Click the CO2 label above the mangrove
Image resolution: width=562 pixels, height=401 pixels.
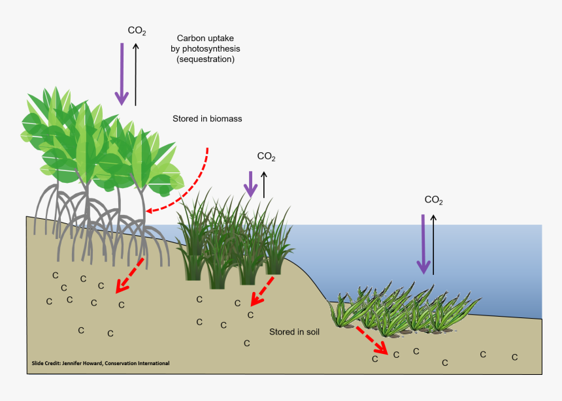(136, 31)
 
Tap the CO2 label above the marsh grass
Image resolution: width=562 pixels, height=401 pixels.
(266, 157)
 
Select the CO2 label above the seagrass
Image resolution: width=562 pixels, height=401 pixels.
(433, 200)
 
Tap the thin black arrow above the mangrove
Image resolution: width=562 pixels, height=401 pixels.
(135, 73)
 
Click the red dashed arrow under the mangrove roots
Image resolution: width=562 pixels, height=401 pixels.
(130, 275)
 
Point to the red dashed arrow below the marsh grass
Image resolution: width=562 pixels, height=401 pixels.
(262, 291)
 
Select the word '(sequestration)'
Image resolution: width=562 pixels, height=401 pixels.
(206, 59)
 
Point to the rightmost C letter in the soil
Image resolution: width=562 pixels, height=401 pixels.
(514, 357)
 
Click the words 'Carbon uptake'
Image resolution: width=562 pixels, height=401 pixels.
(206, 39)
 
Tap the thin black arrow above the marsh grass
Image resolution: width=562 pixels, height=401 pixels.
(264, 184)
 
